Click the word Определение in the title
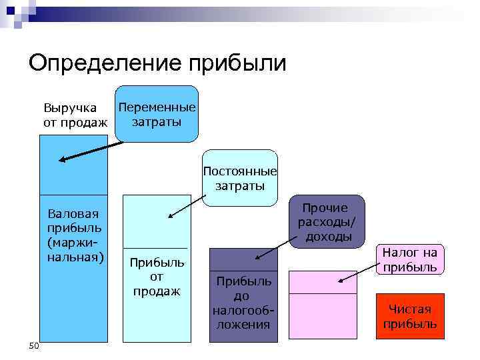[107, 63]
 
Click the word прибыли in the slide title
[239, 63]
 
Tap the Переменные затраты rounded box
[157, 114]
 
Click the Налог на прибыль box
[410, 259]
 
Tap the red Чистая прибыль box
[410, 317]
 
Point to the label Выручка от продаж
[75, 115]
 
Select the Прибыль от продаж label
[157, 276]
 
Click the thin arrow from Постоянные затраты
[189, 205]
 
